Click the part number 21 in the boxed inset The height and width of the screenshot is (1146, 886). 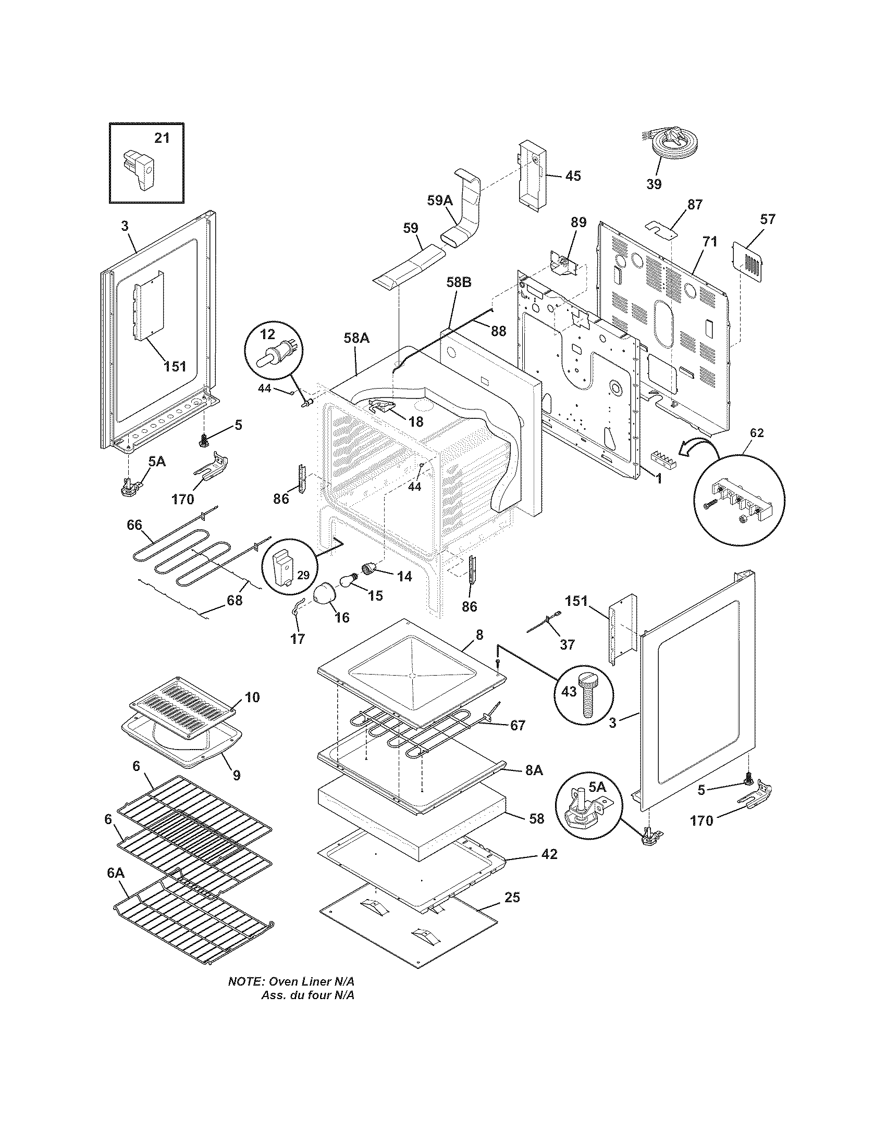click(x=162, y=138)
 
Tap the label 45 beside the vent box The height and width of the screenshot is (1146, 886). click(x=573, y=176)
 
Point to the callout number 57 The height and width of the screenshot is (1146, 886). click(x=767, y=219)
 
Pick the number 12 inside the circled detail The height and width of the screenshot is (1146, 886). click(x=267, y=334)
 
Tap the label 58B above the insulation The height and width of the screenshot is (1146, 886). click(x=458, y=283)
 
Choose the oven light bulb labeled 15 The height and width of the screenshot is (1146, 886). click(x=348, y=580)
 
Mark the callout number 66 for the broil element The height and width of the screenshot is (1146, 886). click(x=135, y=525)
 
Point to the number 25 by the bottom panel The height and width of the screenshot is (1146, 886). click(x=512, y=897)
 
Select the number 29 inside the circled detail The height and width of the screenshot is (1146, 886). click(x=303, y=575)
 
